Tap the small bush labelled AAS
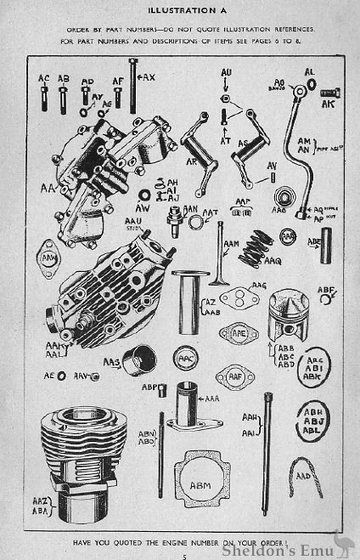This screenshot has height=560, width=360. click(138, 360)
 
